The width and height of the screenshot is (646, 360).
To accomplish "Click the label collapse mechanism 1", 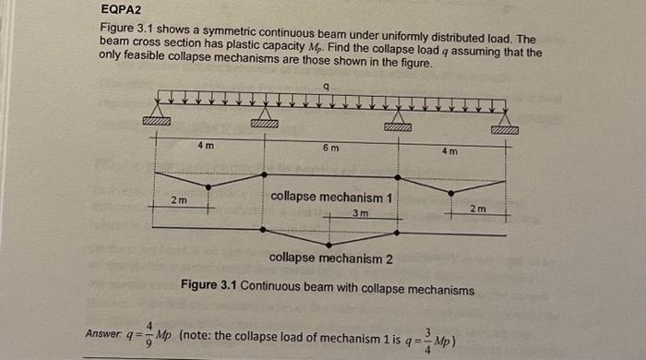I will coord(333,197).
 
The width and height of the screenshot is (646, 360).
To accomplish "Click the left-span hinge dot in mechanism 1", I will coord(209,186).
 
